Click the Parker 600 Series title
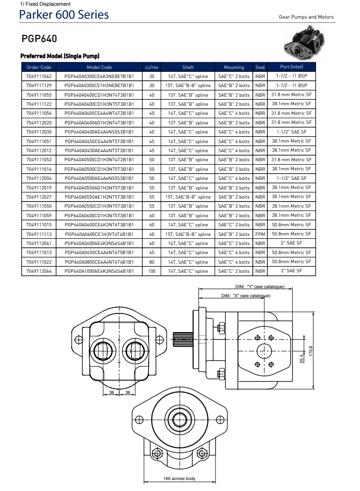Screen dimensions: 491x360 [64, 15]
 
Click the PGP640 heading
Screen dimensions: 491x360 [40, 38]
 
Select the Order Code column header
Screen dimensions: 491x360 [39, 67]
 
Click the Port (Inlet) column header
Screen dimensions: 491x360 [291, 67]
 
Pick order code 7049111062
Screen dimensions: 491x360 [39, 76]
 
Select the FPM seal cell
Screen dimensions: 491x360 [260, 234]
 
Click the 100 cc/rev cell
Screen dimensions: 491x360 [152, 271]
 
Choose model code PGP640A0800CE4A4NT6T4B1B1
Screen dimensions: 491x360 [99, 262]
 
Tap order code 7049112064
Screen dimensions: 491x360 [39, 271]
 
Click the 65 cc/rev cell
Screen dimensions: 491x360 [152, 253]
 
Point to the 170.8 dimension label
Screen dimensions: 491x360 [311, 351]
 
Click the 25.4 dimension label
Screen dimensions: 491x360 [301, 358]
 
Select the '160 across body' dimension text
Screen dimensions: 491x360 [179, 478]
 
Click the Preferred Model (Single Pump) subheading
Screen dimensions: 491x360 [60, 56]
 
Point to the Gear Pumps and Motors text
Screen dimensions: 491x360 [306, 17]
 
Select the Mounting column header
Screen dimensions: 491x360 [234, 67]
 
